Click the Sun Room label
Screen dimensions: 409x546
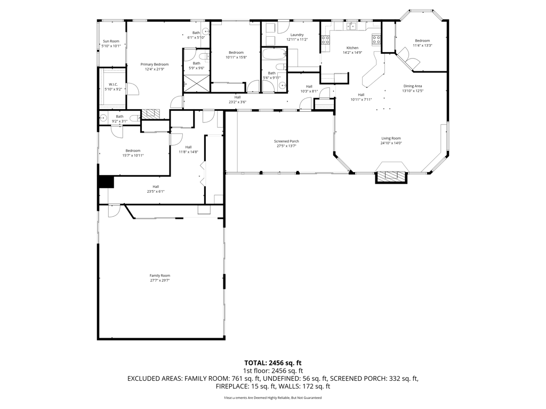pos(111,41)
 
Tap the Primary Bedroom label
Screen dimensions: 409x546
pos(155,64)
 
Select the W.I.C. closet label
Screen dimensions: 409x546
pos(113,84)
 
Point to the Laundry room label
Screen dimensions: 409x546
pos(297,35)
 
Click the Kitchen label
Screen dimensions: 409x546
pos(352,48)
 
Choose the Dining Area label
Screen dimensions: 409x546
pos(413,86)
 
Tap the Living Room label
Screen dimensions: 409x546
pos(391,138)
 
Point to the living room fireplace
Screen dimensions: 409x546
pos(392,177)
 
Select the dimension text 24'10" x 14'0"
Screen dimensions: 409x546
pos(391,143)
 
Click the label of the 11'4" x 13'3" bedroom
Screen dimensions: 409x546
pos(422,41)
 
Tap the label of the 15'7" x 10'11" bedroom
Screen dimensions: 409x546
pos(133,150)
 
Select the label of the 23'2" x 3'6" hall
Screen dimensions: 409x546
pos(237,97)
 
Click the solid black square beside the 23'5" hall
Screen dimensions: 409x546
pos(106,182)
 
